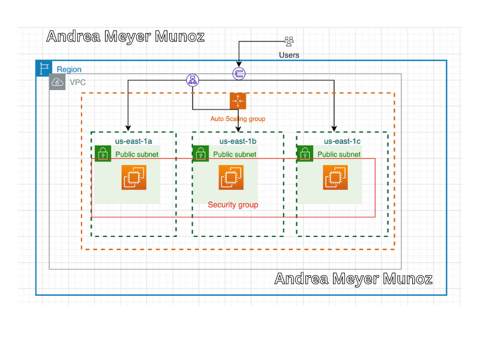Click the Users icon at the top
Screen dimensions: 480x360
[289, 41]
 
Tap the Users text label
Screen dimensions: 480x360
[289, 55]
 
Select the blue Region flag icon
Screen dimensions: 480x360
[44, 68]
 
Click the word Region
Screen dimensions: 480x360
[69, 70]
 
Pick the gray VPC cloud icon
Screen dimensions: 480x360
[57, 82]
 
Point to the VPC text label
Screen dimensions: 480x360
[78, 82]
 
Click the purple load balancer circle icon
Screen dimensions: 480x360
[193, 80]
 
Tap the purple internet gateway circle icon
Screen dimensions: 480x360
[239, 73]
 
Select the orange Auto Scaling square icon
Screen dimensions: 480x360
[238, 101]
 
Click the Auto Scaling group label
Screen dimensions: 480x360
[238, 119]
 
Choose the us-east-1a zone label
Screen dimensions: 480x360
[133, 141]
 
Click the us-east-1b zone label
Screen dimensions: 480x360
[238, 141]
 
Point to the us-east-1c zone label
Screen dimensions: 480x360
[342, 141]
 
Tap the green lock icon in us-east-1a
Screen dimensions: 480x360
[103, 154]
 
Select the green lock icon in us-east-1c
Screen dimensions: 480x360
[305, 154]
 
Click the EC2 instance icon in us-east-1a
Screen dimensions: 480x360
[134, 177]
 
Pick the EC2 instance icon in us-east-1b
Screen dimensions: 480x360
[231, 177]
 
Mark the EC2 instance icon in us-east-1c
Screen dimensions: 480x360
[335, 177]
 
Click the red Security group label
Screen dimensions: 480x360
[233, 205]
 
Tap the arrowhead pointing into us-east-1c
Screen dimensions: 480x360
[334, 128]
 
